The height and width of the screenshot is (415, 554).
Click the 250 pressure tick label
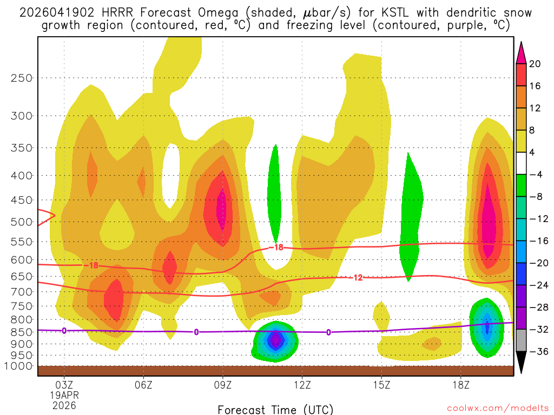pyautogui.click(x=21, y=78)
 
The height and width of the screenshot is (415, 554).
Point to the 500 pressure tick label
pyautogui.click(x=21, y=222)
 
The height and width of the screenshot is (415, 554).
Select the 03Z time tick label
pyautogui.click(x=64, y=385)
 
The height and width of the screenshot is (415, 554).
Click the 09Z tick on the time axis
pyautogui.click(x=223, y=385)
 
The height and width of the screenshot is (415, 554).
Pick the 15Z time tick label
pyautogui.click(x=381, y=385)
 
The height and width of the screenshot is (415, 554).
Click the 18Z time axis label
pyautogui.click(x=460, y=385)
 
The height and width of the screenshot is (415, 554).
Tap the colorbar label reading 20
pyautogui.click(x=535, y=64)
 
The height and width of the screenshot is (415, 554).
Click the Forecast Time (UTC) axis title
pyautogui.click(x=275, y=409)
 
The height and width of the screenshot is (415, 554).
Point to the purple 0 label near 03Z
pyautogui.click(x=64, y=330)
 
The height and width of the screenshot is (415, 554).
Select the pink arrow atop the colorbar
pyautogui.click(x=522, y=52)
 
